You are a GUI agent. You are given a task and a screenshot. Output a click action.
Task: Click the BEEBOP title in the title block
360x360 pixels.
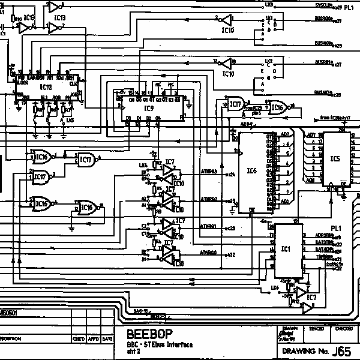pyautogui.click(x=148, y=335)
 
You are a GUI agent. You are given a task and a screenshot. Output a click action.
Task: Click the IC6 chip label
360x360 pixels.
pyautogui.click(x=251, y=171)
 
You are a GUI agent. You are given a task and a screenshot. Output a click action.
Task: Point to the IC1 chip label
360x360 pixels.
pyautogui.click(x=286, y=248)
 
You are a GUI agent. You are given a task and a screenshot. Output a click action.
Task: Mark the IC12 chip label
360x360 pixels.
pyautogui.click(x=46, y=87)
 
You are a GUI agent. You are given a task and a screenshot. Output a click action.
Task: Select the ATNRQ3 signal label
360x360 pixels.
pyautogui.click(x=208, y=173)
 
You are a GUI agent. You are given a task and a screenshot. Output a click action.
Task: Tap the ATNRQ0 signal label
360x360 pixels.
pyautogui.click(x=208, y=253)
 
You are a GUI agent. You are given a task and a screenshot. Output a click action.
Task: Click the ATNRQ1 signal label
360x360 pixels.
pyautogui.click(x=208, y=226)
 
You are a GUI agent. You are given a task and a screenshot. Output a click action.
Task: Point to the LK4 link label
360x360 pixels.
pyautogui.click(x=143, y=165)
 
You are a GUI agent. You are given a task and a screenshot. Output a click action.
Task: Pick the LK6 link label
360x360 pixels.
pyautogui.click(x=275, y=289)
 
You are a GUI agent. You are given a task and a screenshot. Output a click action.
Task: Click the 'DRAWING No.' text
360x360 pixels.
pyautogui.click(x=305, y=352)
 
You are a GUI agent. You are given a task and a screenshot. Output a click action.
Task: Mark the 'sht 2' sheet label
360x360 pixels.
pyautogui.click(x=133, y=352)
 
